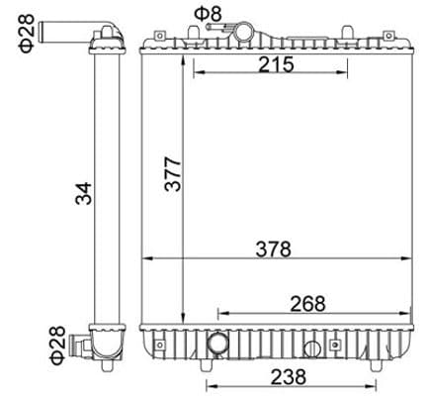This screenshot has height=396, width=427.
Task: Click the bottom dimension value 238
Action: coord(289,376)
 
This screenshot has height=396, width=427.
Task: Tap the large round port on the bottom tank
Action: coord(217,346)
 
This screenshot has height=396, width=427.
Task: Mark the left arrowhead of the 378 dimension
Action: coord(146,260)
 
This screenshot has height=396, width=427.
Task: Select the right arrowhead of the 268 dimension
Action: coord(408,312)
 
